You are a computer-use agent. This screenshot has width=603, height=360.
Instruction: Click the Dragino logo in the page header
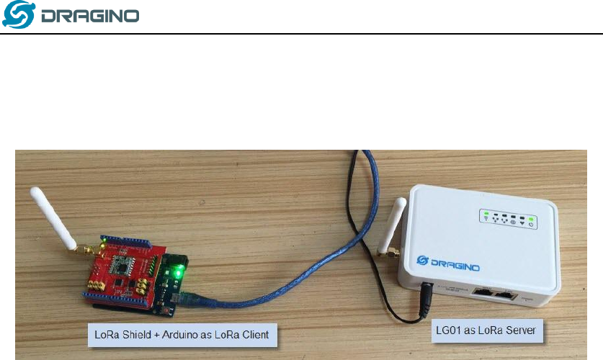pyautogui.click(x=71, y=16)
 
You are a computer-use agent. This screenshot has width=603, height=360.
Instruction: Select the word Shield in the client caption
pyautogui.click(x=135, y=335)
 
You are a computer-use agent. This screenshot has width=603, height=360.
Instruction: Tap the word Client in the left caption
pyautogui.click(x=253, y=335)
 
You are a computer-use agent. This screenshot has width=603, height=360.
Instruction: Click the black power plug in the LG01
pyautogui.click(x=429, y=292)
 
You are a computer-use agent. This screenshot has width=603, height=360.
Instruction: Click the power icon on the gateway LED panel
pyautogui.click(x=531, y=224)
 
